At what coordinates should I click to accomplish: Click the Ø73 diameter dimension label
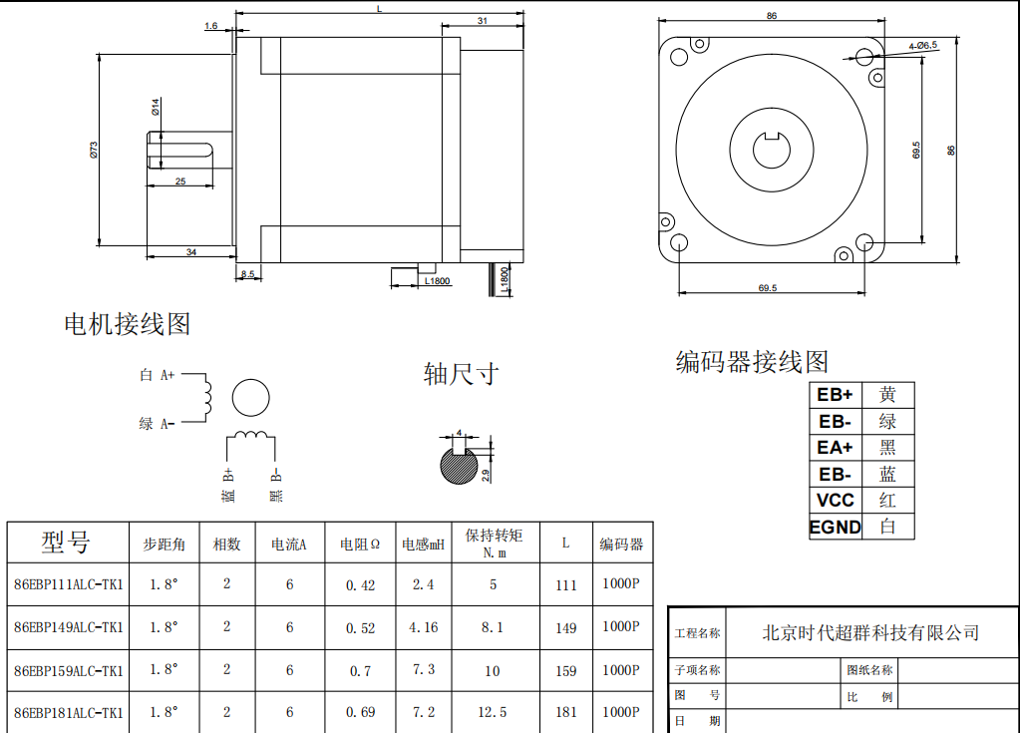pyautogui.click(x=93, y=151)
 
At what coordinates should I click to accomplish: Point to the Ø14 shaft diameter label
pyautogui.click(x=157, y=107)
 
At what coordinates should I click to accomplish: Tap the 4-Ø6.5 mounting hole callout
pyautogui.click(x=922, y=46)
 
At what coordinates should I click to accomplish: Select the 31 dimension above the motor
pyautogui.click(x=482, y=21)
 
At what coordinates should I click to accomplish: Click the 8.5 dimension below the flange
pyautogui.click(x=247, y=273)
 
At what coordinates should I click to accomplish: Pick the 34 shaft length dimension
pyautogui.click(x=190, y=252)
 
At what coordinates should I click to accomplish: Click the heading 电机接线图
pyautogui.click(x=127, y=324)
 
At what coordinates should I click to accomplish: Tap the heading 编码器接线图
pyautogui.click(x=752, y=361)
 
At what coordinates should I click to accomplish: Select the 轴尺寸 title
pyautogui.click(x=460, y=375)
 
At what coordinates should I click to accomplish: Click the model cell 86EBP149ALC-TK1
pyautogui.click(x=69, y=627)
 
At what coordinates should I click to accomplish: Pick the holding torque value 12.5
pyautogui.click(x=493, y=712)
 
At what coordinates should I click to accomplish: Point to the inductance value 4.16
pyautogui.click(x=424, y=628)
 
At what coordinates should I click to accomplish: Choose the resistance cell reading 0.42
pyautogui.click(x=361, y=585)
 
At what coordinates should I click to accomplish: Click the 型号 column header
pyautogui.click(x=66, y=543)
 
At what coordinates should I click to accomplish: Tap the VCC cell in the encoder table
pyautogui.click(x=835, y=501)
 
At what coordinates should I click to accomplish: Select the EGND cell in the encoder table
pyautogui.click(x=835, y=527)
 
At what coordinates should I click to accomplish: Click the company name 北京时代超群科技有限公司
pyautogui.click(x=869, y=632)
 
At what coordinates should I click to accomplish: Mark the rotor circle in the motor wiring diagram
pyautogui.click(x=251, y=397)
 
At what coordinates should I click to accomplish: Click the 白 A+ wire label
pyautogui.click(x=158, y=375)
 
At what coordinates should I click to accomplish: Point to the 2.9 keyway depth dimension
pyautogui.click(x=486, y=473)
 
